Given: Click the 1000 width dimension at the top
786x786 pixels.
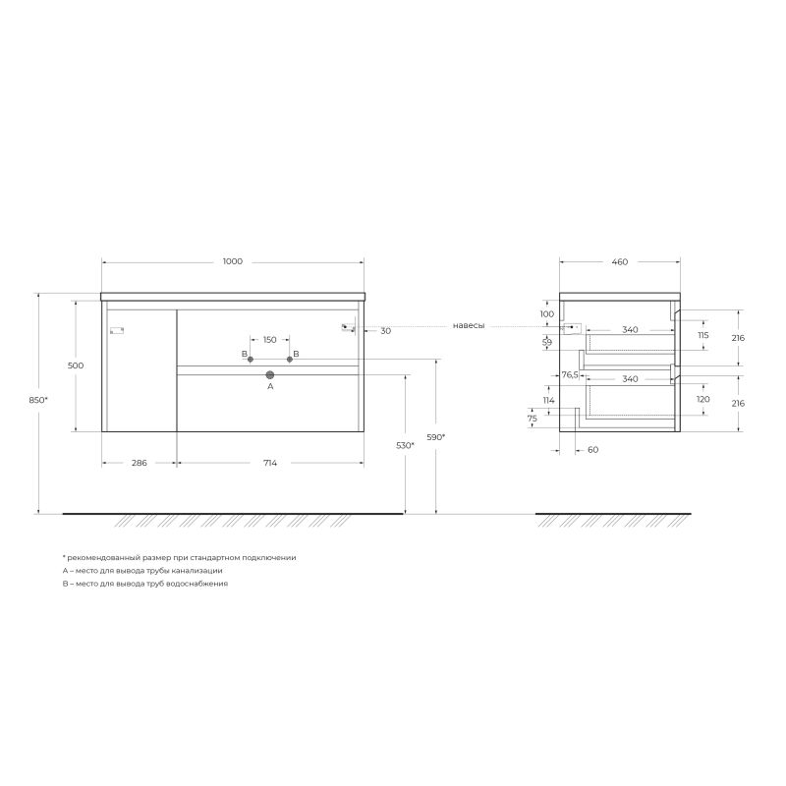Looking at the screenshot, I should click(x=232, y=261).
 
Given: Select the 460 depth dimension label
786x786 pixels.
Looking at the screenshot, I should click(x=619, y=261).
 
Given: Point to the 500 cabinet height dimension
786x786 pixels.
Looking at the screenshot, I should click(x=76, y=365).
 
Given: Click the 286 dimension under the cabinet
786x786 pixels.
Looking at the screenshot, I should click(x=139, y=464).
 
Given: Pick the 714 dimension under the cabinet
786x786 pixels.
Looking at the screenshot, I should click(x=269, y=464).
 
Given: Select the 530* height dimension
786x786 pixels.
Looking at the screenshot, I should click(x=405, y=446).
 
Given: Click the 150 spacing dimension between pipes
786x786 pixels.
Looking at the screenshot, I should click(x=269, y=340).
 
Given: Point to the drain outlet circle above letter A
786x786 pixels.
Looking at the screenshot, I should click(x=270, y=374).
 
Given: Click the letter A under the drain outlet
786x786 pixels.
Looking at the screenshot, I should click(x=270, y=387).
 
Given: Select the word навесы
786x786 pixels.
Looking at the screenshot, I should click(x=469, y=326).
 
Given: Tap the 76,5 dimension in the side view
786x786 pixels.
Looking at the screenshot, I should click(x=570, y=374).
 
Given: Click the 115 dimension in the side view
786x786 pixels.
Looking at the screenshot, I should click(x=702, y=335).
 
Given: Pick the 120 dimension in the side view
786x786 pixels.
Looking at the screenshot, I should click(x=702, y=400).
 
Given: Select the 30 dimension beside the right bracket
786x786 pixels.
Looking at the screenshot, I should click(x=385, y=331).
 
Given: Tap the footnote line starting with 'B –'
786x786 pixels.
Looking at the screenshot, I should click(x=144, y=583).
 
